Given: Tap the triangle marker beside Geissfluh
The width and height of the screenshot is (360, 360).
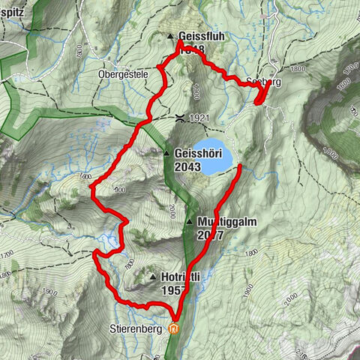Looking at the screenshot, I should [171, 36].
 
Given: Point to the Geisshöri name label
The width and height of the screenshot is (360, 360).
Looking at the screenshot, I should [197, 154].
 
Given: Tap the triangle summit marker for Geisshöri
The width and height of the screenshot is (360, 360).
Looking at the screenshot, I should [166, 154].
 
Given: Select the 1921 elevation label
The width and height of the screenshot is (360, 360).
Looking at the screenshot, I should [199, 118].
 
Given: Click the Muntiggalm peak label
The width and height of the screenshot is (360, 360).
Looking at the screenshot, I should [221, 222].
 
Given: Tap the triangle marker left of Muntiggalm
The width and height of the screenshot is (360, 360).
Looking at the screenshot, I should [190, 222].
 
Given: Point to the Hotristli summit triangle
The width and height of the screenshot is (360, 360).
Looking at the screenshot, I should [153, 276].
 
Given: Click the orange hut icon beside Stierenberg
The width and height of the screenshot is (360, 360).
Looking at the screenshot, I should [175, 328].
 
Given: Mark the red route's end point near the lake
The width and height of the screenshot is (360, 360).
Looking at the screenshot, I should [239, 166].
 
